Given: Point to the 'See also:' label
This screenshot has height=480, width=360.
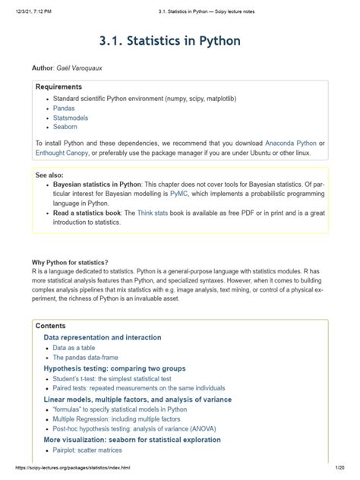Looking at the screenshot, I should click(x=52, y=174).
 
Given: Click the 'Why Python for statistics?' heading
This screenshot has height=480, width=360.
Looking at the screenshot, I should click(x=70, y=262).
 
